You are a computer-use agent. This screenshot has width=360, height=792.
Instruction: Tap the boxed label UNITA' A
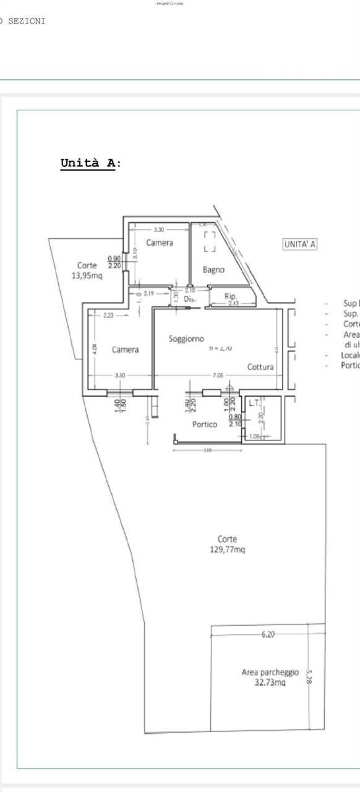(x=300, y=244)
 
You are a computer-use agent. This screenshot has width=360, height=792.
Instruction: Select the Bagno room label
(x=214, y=270)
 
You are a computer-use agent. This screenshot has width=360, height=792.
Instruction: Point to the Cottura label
(x=260, y=367)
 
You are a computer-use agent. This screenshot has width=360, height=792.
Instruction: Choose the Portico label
(x=205, y=424)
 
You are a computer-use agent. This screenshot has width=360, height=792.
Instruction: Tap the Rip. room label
(x=231, y=296)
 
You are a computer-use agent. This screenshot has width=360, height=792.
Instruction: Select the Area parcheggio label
(x=270, y=672)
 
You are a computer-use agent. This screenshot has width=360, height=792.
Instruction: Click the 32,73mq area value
(x=270, y=682)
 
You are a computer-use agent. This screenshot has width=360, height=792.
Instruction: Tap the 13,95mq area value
(x=87, y=276)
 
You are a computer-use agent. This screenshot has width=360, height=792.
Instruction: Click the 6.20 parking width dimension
(x=268, y=634)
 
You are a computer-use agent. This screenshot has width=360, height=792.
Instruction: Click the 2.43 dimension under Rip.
(x=233, y=303)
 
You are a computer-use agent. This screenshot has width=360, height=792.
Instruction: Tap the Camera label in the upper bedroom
(x=160, y=243)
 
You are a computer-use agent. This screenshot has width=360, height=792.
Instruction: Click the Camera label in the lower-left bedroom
(x=125, y=350)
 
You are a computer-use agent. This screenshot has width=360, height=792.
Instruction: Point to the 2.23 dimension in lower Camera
(x=108, y=315)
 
